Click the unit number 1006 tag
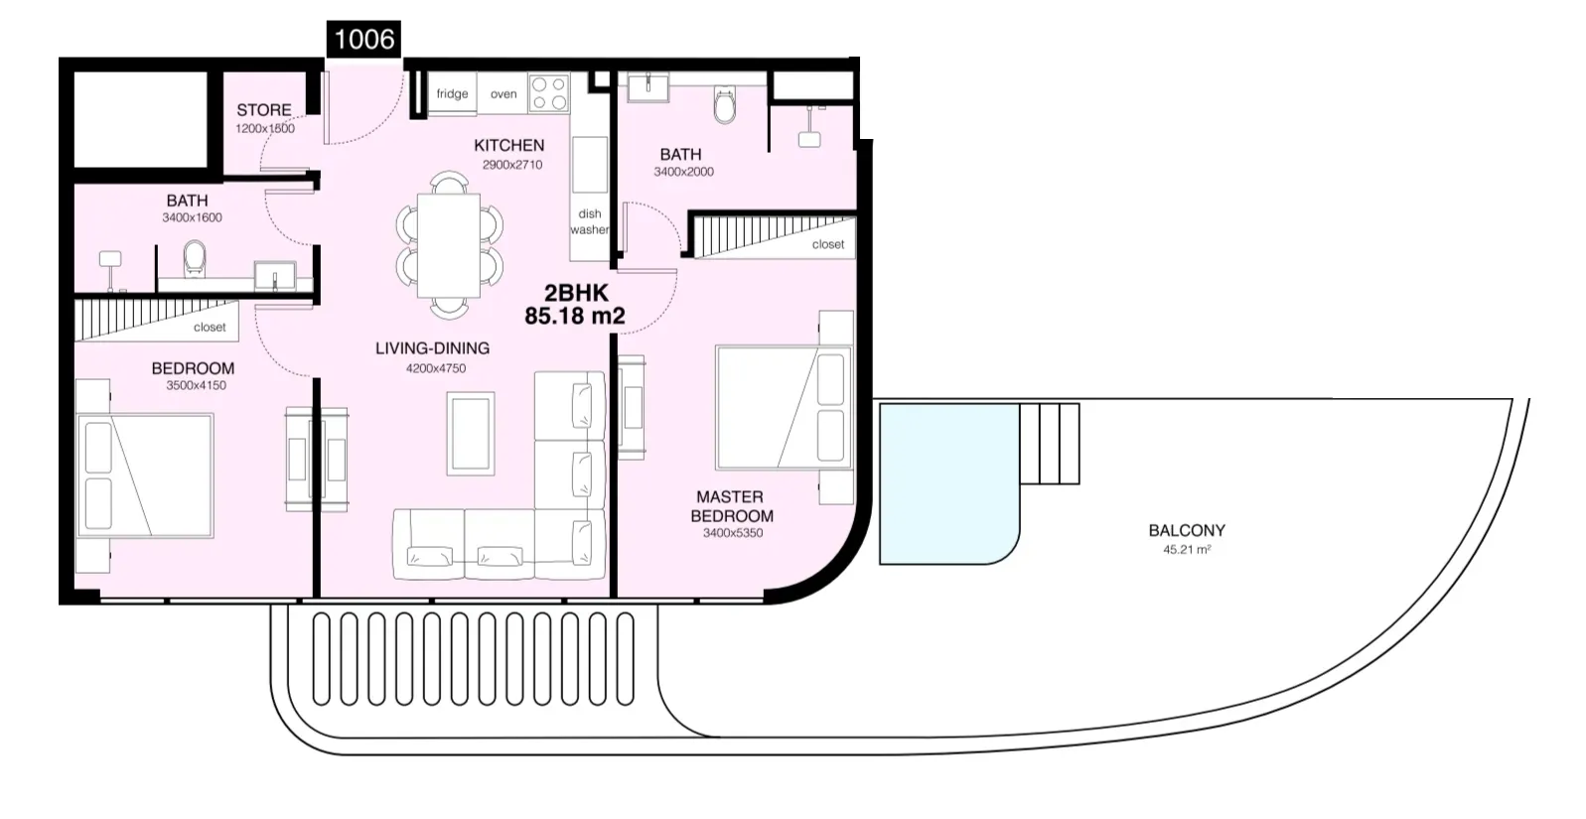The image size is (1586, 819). tap(363, 39)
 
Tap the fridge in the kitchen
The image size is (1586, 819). tap(452, 92)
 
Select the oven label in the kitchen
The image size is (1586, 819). tap(504, 93)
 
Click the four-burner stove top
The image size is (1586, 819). tap(549, 93)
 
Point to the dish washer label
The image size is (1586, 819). tap(589, 221)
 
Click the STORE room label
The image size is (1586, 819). tap(264, 110)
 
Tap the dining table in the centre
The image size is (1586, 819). tap(449, 245)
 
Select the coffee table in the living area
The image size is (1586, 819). tap(470, 433)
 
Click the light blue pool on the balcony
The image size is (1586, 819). tap(948, 483)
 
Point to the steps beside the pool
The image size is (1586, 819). tap(1050, 444)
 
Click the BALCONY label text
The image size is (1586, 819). tap(1187, 530)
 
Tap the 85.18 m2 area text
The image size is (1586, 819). tap(575, 316)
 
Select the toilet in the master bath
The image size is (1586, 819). tap(725, 105)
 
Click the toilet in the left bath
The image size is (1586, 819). tap(195, 259)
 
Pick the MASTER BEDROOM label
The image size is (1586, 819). tap(731, 506)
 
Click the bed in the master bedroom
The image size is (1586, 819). tap(784, 408)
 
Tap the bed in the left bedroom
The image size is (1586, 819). tap(145, 477)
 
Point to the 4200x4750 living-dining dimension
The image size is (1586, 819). tap(435, 368)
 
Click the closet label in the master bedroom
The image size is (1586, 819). tap(827, 244)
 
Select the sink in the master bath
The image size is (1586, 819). tap(648, 87)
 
